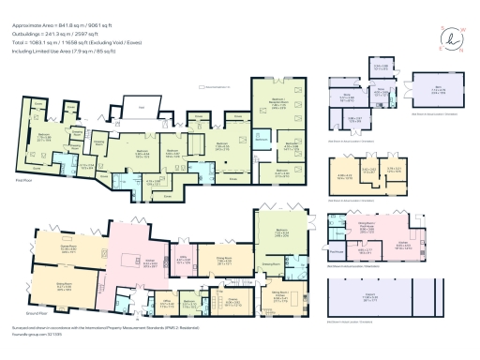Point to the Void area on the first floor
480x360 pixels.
point(142,110)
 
